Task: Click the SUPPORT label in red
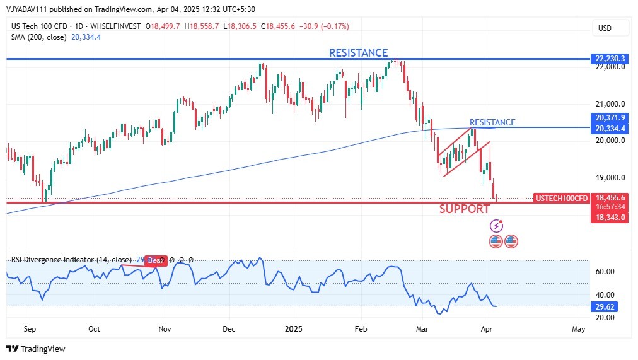tap(465, 209)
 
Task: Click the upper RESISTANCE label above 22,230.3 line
tap(358, 53)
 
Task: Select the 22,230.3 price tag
tap(609, 59)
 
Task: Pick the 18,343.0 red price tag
tap(609, 218)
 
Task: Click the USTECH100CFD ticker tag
tap(562, 198)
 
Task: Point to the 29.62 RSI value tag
tap(605, 306)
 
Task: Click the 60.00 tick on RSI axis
tap(604, 272)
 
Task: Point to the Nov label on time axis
tap(165, 329)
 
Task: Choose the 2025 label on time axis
tap(293, 329)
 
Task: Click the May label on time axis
tap(578, 329)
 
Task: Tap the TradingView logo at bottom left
tap(36, 349)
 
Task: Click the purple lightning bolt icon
tap(497, 226)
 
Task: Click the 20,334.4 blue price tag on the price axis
tap(609, 129)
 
